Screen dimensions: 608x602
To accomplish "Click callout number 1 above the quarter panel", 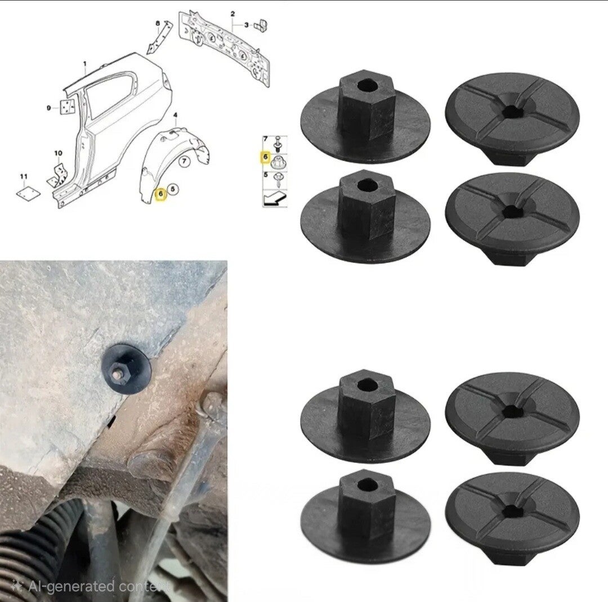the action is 85,64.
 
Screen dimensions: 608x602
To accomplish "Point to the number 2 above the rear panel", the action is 233,14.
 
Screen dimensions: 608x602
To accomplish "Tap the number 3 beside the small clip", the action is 247,25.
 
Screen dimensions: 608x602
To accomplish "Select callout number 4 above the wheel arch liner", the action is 175,115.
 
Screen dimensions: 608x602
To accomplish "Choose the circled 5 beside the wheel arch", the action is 173,189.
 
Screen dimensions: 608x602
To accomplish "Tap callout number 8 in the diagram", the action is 158,24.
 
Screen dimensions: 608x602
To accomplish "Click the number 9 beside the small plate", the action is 49,108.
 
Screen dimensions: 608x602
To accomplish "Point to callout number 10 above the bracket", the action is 58,153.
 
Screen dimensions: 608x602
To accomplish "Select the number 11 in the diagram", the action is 24,176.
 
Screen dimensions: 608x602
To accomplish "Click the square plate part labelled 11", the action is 28,193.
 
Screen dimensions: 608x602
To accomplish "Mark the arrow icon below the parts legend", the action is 275,199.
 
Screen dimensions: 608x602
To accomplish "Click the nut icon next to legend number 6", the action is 279,162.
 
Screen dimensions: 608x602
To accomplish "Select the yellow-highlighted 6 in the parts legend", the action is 266,157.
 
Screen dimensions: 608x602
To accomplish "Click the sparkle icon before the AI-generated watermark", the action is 17,586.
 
